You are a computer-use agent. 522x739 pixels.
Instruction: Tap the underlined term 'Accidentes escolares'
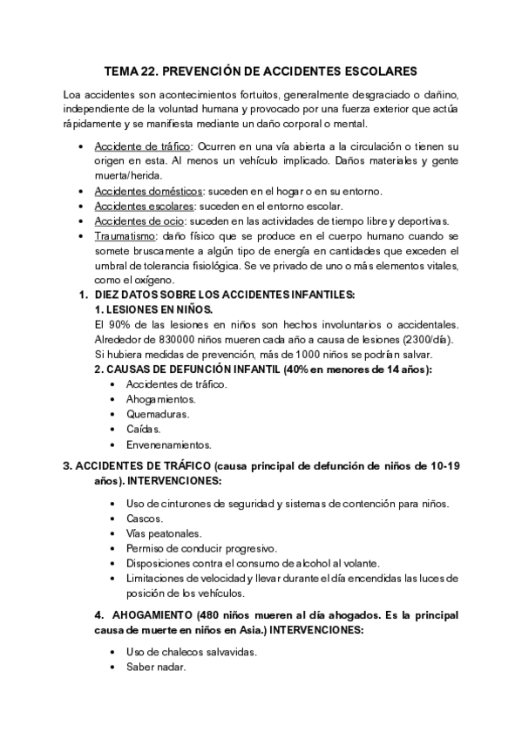click(145, 206)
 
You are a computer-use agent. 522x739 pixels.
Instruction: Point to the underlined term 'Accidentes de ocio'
click(139, 220)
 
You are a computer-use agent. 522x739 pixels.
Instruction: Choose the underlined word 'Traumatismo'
click(124, 235)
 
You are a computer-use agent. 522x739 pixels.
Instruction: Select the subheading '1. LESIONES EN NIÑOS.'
click(153, 310)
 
